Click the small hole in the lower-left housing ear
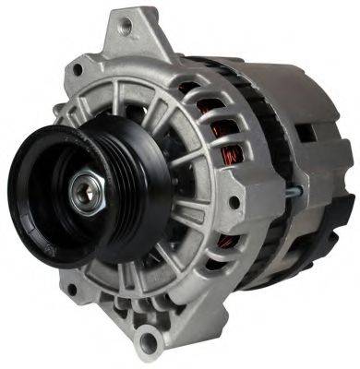coord(69,292)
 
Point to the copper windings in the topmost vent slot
coord(189,89)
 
